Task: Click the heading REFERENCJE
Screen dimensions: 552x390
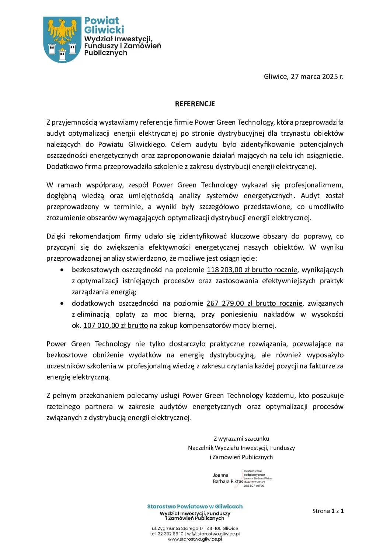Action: pyautogui.click(x=195, y=104)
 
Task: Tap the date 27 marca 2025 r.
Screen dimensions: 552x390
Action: pyautogui.click(x=317, y=77)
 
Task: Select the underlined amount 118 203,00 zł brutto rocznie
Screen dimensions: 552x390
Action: pyautogui.click(x=252, y=270)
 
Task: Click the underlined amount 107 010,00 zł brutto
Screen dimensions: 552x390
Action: pyautogui.click(x=115, y=326)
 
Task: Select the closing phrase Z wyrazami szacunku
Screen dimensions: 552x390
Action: pyautogui.click(x=241, y=439)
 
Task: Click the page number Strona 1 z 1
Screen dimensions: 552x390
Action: pyautogui.click(x=328, y=511)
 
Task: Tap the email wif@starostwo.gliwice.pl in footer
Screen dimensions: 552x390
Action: pyautogui.click(x=213, y=534)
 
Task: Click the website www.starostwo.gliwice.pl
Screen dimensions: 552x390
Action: pyautogui.click(x=195, y=539)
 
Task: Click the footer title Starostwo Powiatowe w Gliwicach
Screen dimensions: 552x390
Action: pyautogui.click(x=195, y=507)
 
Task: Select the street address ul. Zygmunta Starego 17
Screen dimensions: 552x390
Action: pyautogui.click(x=177, y=528)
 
